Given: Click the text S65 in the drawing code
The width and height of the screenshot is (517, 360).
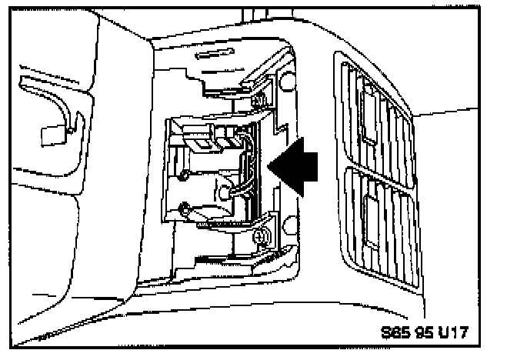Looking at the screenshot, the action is coord(394,333).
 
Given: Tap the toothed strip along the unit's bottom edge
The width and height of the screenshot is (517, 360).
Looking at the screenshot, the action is coord(223,224).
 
